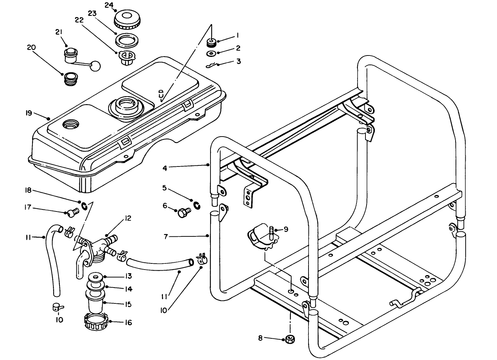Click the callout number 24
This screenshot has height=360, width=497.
pyautogui.click(x=109, y=5)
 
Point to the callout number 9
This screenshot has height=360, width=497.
pyautogui.click(x=286, y=229)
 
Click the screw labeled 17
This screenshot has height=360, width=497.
pyautogui.click(x=72, y=213)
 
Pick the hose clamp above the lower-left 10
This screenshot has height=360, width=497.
pyautogui.click(x=57, y=307)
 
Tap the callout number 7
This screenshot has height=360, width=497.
pyautogui.click(x=166, y=236)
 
